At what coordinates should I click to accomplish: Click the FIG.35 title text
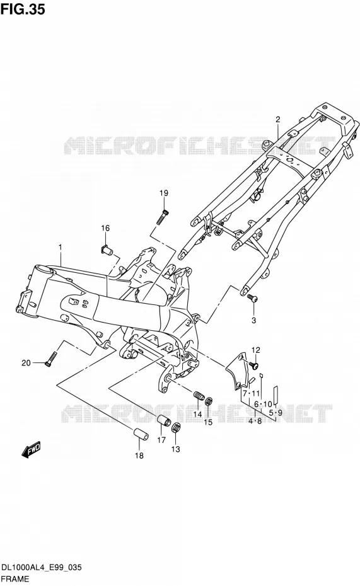pos(23,9)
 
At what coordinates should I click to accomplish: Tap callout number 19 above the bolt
pos(164,193)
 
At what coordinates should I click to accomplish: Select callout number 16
pos(105,228)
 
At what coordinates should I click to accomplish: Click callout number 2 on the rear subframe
pos(278,120)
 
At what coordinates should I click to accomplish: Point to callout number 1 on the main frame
pos(60,247)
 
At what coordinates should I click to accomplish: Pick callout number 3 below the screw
pos(253,320)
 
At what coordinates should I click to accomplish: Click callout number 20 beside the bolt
pos(26,362)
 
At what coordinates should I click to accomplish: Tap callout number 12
pos(256,350)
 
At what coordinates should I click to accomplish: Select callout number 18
pos(139,456)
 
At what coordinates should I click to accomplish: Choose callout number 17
pos(161,440)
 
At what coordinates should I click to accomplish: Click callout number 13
pos(175,449)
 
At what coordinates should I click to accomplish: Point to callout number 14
pos(197,414)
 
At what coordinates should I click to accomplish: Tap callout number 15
pos(208,422)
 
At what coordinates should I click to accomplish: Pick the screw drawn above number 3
pos(252,298)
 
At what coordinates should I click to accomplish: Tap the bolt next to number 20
pos(50,359)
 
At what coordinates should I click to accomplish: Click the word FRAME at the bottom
pos(15,579)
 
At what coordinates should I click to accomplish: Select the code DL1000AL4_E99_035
pos(42,568)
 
